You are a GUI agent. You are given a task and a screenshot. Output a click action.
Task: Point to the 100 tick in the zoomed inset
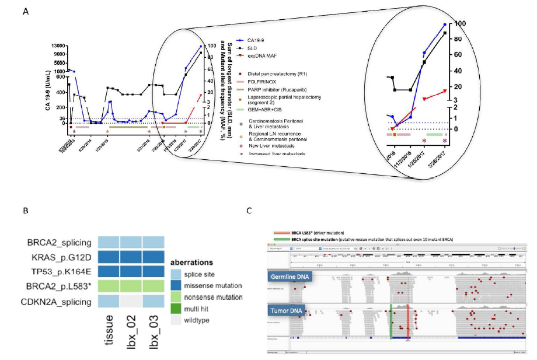pos(461,23)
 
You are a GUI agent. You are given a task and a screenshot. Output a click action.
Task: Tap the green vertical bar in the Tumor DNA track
pos(390,321)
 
